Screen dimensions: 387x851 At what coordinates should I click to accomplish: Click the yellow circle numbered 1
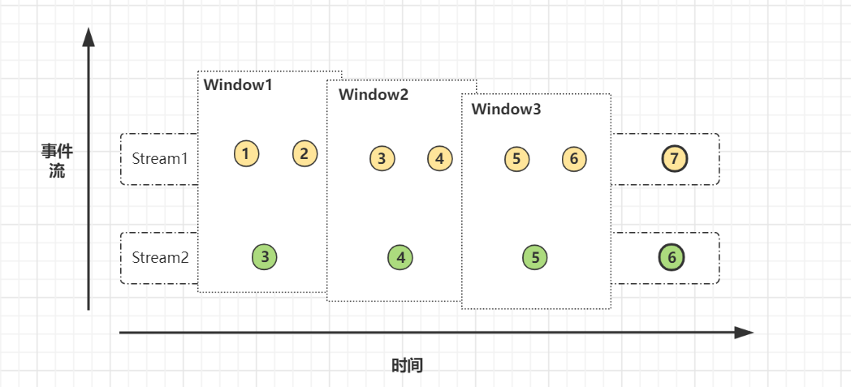246,153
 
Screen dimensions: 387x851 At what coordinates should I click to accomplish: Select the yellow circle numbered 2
305,153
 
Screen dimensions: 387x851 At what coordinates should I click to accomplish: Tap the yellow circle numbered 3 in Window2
382,158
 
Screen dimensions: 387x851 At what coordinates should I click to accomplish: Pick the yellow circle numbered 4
440,158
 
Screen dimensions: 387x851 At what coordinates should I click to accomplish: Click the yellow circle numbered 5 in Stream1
516,158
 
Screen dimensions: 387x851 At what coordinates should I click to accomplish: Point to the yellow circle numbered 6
574,158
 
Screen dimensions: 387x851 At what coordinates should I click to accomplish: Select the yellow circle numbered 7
674,158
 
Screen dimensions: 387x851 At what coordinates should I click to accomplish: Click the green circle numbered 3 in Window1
265,257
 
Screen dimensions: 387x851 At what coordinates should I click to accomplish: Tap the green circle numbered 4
400,258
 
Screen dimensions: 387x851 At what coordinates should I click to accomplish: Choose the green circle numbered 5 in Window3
535,258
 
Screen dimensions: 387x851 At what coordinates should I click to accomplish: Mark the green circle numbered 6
672,258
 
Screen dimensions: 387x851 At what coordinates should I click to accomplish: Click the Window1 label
238,85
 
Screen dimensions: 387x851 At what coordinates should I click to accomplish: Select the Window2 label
374,94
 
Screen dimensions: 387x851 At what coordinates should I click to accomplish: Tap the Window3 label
506,109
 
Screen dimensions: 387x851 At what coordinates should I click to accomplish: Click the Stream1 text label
160,158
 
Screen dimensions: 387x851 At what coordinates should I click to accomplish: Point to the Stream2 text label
160,258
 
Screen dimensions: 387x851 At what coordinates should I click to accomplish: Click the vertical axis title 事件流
57,161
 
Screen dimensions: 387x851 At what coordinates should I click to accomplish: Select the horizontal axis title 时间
407,365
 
